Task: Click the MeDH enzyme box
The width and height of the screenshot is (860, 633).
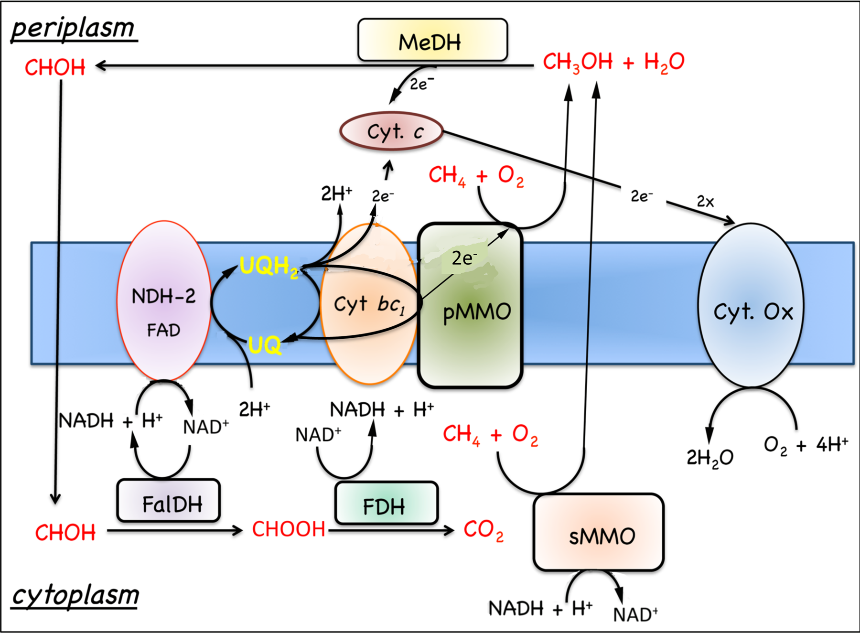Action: (x=432, y=41)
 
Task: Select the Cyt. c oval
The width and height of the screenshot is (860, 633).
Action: (x=391, y=131)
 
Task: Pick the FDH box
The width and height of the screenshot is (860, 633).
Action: (x=386, y=504)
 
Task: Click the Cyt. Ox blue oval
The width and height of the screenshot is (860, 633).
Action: (x=751, y=306)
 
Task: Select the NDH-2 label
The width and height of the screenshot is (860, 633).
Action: (x=163, y=296)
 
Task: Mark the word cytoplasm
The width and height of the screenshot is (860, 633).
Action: (x=75, y=595)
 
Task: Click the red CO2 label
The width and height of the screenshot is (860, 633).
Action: (x=483, y=530)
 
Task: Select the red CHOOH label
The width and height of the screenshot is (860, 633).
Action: (x=289, y=529)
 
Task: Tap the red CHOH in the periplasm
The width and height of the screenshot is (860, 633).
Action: (x=55, y=67)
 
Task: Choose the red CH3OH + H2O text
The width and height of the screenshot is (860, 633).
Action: (x=613, y=62)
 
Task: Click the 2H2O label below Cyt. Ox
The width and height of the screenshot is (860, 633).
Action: (x=709, y=458)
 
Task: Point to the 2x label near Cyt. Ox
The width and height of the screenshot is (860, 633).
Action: (x=705, y=202)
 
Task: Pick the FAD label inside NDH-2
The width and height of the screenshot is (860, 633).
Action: (x=163, y=330)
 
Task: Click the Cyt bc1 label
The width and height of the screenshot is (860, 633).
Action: (x=369, y=304)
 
